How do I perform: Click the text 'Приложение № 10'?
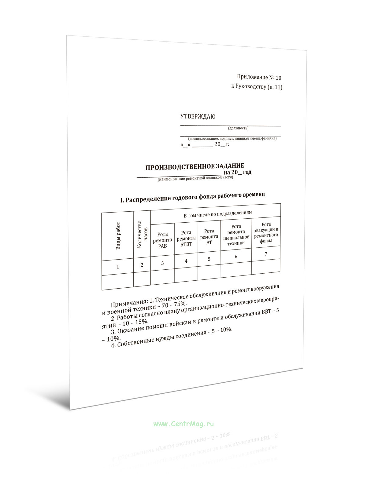pos(259,77)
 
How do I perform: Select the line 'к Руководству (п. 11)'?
pos(257,87)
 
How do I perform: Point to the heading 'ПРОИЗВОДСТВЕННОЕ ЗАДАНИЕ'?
pos(195,166)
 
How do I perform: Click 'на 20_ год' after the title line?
pos(238,172)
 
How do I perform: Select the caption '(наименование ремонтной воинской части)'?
pos(195,178)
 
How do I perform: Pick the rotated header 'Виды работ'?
pos(118,236)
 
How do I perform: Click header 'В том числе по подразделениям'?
pos(217,213)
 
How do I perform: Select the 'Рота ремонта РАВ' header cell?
pos(162,240)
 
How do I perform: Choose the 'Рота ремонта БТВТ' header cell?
pos(186,238)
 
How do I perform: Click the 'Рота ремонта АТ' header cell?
pos(209,237)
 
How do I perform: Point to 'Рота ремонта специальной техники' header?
pos(236,235)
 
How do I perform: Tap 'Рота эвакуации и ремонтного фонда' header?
pos(266,232)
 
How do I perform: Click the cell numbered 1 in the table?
pos(118,267)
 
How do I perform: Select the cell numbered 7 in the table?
pos(266,254)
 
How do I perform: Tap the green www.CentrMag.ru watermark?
pos(183,424)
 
